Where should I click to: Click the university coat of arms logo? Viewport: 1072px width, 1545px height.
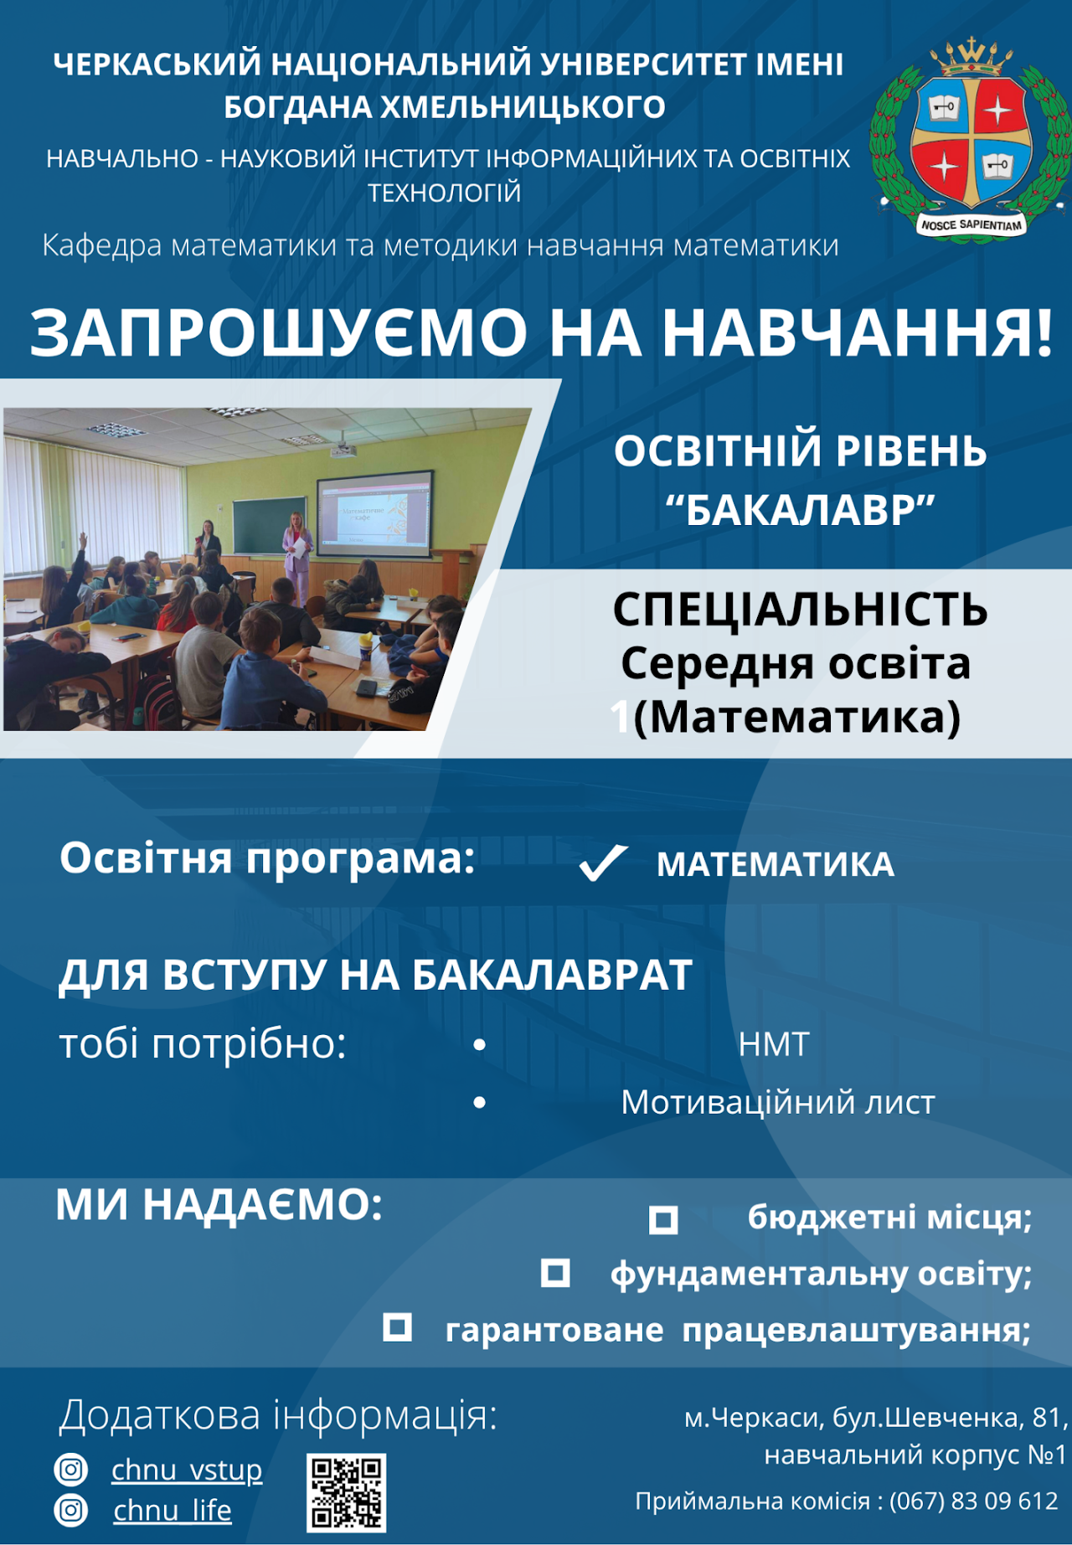[x=970, y=139]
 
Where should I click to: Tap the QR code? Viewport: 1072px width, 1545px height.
[x=346, y=1492]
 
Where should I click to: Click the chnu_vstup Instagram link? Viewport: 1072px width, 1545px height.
[x=187, y=1470]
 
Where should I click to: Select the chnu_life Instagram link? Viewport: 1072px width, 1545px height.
[x=173, y=1510]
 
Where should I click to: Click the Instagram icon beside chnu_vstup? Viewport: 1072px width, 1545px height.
[x=70, y=1469]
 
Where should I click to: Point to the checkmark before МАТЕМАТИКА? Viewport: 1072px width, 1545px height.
[x=603, y=863]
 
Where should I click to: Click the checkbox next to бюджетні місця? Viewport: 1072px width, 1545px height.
[x=663, y=1219]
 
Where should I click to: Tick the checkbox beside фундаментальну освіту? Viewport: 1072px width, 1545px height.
[x=555, y=1273]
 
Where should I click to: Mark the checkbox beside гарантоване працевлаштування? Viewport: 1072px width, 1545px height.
[x=397, y=1327]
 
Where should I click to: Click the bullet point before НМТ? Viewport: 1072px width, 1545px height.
[x=480, y=1045]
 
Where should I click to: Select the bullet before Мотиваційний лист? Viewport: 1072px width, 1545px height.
[x=480, y=1103]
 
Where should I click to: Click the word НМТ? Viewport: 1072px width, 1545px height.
[x=774, y=1045]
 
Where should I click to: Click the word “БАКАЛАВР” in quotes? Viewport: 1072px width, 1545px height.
[x=800, y=510]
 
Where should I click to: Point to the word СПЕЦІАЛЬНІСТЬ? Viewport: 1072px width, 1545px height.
[x=800, y=609]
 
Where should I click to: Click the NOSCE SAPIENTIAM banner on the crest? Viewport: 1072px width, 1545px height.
[x=971, y=224]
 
